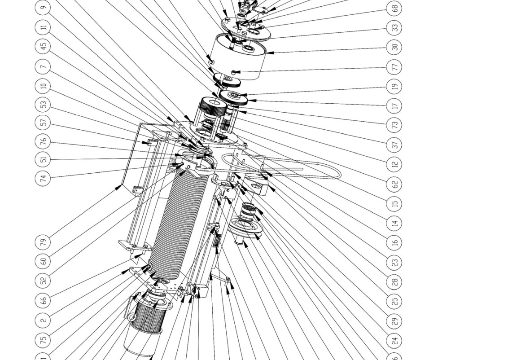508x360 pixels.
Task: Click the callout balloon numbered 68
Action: pos(394,8)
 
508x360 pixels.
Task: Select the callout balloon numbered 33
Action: pos(394,27)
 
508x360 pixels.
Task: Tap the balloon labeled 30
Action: pos(394,47)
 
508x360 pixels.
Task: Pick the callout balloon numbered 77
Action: pos(394,67)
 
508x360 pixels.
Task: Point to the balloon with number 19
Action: pos(394,86)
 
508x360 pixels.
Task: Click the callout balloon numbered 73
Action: pos(394,125)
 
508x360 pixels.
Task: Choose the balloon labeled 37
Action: pos(394,145)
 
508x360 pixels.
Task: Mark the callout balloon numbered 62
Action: pos(394,184)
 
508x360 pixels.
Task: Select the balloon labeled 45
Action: pos(43,46)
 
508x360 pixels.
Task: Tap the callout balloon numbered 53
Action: pos(43,105)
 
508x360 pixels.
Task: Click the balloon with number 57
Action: pos(43,123)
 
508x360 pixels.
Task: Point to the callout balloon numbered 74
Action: pos(43,178)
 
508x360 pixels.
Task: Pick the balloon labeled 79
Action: pos(43,242)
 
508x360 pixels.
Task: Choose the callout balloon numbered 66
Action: pos(43,300)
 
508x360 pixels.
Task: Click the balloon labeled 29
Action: pos(394,321)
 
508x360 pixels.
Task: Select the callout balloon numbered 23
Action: pos(394,262)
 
